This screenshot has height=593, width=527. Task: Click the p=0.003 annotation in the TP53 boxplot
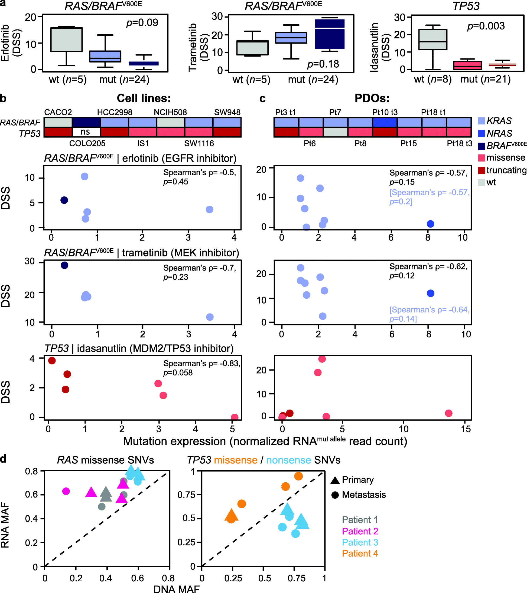click(x=486, y=26)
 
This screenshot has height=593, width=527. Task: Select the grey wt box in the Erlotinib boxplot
click(x=67, y=40)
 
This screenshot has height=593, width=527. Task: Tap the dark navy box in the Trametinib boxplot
click(x=330, y=34)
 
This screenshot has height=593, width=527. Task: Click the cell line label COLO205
click(x=87, y=143)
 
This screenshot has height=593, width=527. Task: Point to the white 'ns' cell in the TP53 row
click(x=86, y=132)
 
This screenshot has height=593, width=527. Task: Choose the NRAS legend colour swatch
click(x=482, y=133)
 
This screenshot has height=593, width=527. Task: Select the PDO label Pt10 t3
click(x=385, y=112)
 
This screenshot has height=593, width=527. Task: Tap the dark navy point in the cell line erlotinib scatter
click(x=64, y=200)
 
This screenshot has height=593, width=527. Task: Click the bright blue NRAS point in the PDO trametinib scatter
click(x=431, y=293)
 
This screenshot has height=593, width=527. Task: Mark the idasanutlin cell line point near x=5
click(x=234, y=417)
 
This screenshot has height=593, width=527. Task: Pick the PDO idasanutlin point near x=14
click(x=449, y=413)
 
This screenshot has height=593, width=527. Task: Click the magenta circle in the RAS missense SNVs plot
click(x=66, y=491)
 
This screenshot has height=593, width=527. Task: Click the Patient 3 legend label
click(x=360, y=542)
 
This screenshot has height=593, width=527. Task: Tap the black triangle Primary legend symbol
click(x=335, y=480)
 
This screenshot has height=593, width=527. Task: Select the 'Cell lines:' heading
click(x=144, y=98)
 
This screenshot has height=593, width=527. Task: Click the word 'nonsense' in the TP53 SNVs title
click(x=289, y=460)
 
